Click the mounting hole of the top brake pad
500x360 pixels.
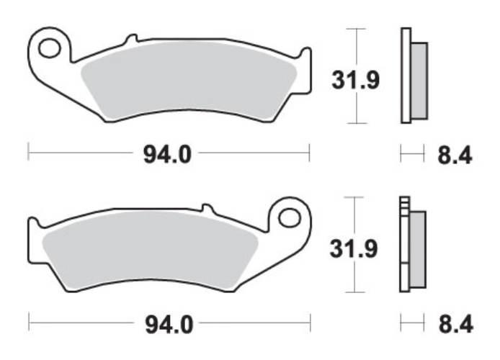click(x=50, y=48)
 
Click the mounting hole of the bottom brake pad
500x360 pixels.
click(x=289, y=218)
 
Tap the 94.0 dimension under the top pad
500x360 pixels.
click(x=167, y=155)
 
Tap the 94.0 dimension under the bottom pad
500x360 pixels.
click(x=169, y=325)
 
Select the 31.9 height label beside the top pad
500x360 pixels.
click(x=356, y=80)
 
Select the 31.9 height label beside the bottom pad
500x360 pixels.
click(x=354, y=248)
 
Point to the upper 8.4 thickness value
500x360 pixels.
click(x=455, y=156)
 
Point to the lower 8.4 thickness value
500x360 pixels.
click(x=455, y=325)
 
